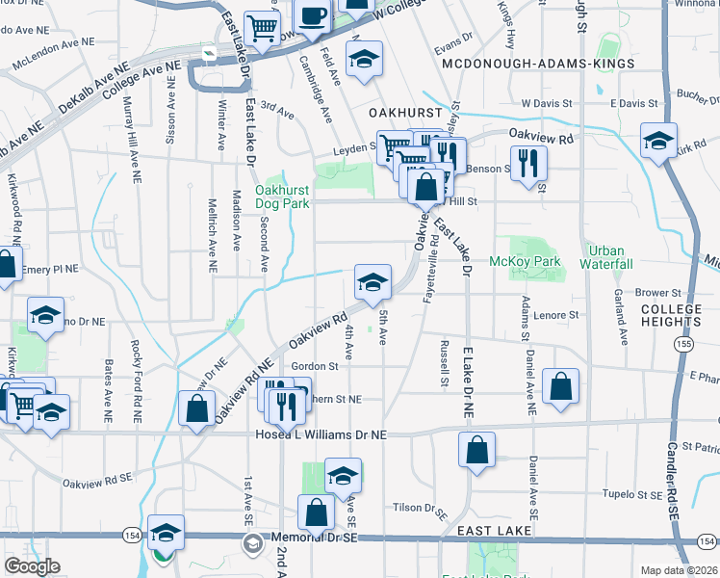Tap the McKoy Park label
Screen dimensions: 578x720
[x=525, y=261]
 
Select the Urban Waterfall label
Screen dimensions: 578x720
[x=605, y=257]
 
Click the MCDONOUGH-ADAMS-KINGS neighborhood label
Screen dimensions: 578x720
[x=538, y=64]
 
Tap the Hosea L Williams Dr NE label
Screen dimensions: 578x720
[x=321, y=435]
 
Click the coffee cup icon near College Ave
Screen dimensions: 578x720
[x=313, y=16]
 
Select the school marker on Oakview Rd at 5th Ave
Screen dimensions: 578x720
[x=373, y=282]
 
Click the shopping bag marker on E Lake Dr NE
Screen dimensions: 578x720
[x=477, y=450]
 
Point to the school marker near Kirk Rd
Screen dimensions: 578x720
[x=659, y=141]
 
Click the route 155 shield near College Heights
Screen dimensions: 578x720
[x=683, y=343]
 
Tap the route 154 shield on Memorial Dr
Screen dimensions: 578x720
[x=131, y=535]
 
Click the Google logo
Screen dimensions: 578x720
[x=33, y=566]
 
